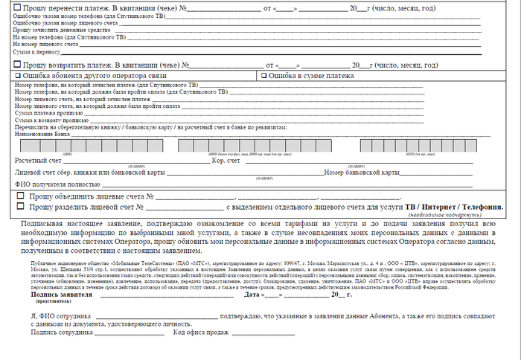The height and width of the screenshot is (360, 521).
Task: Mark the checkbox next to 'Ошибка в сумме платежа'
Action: (263, 76)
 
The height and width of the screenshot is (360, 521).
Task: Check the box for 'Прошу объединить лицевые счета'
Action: (20, 196)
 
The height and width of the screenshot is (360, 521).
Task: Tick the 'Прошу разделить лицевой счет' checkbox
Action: (20, 206)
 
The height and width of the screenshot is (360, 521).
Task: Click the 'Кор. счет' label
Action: (226, 161)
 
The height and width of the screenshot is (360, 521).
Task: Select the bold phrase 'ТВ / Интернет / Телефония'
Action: (458, 206)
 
